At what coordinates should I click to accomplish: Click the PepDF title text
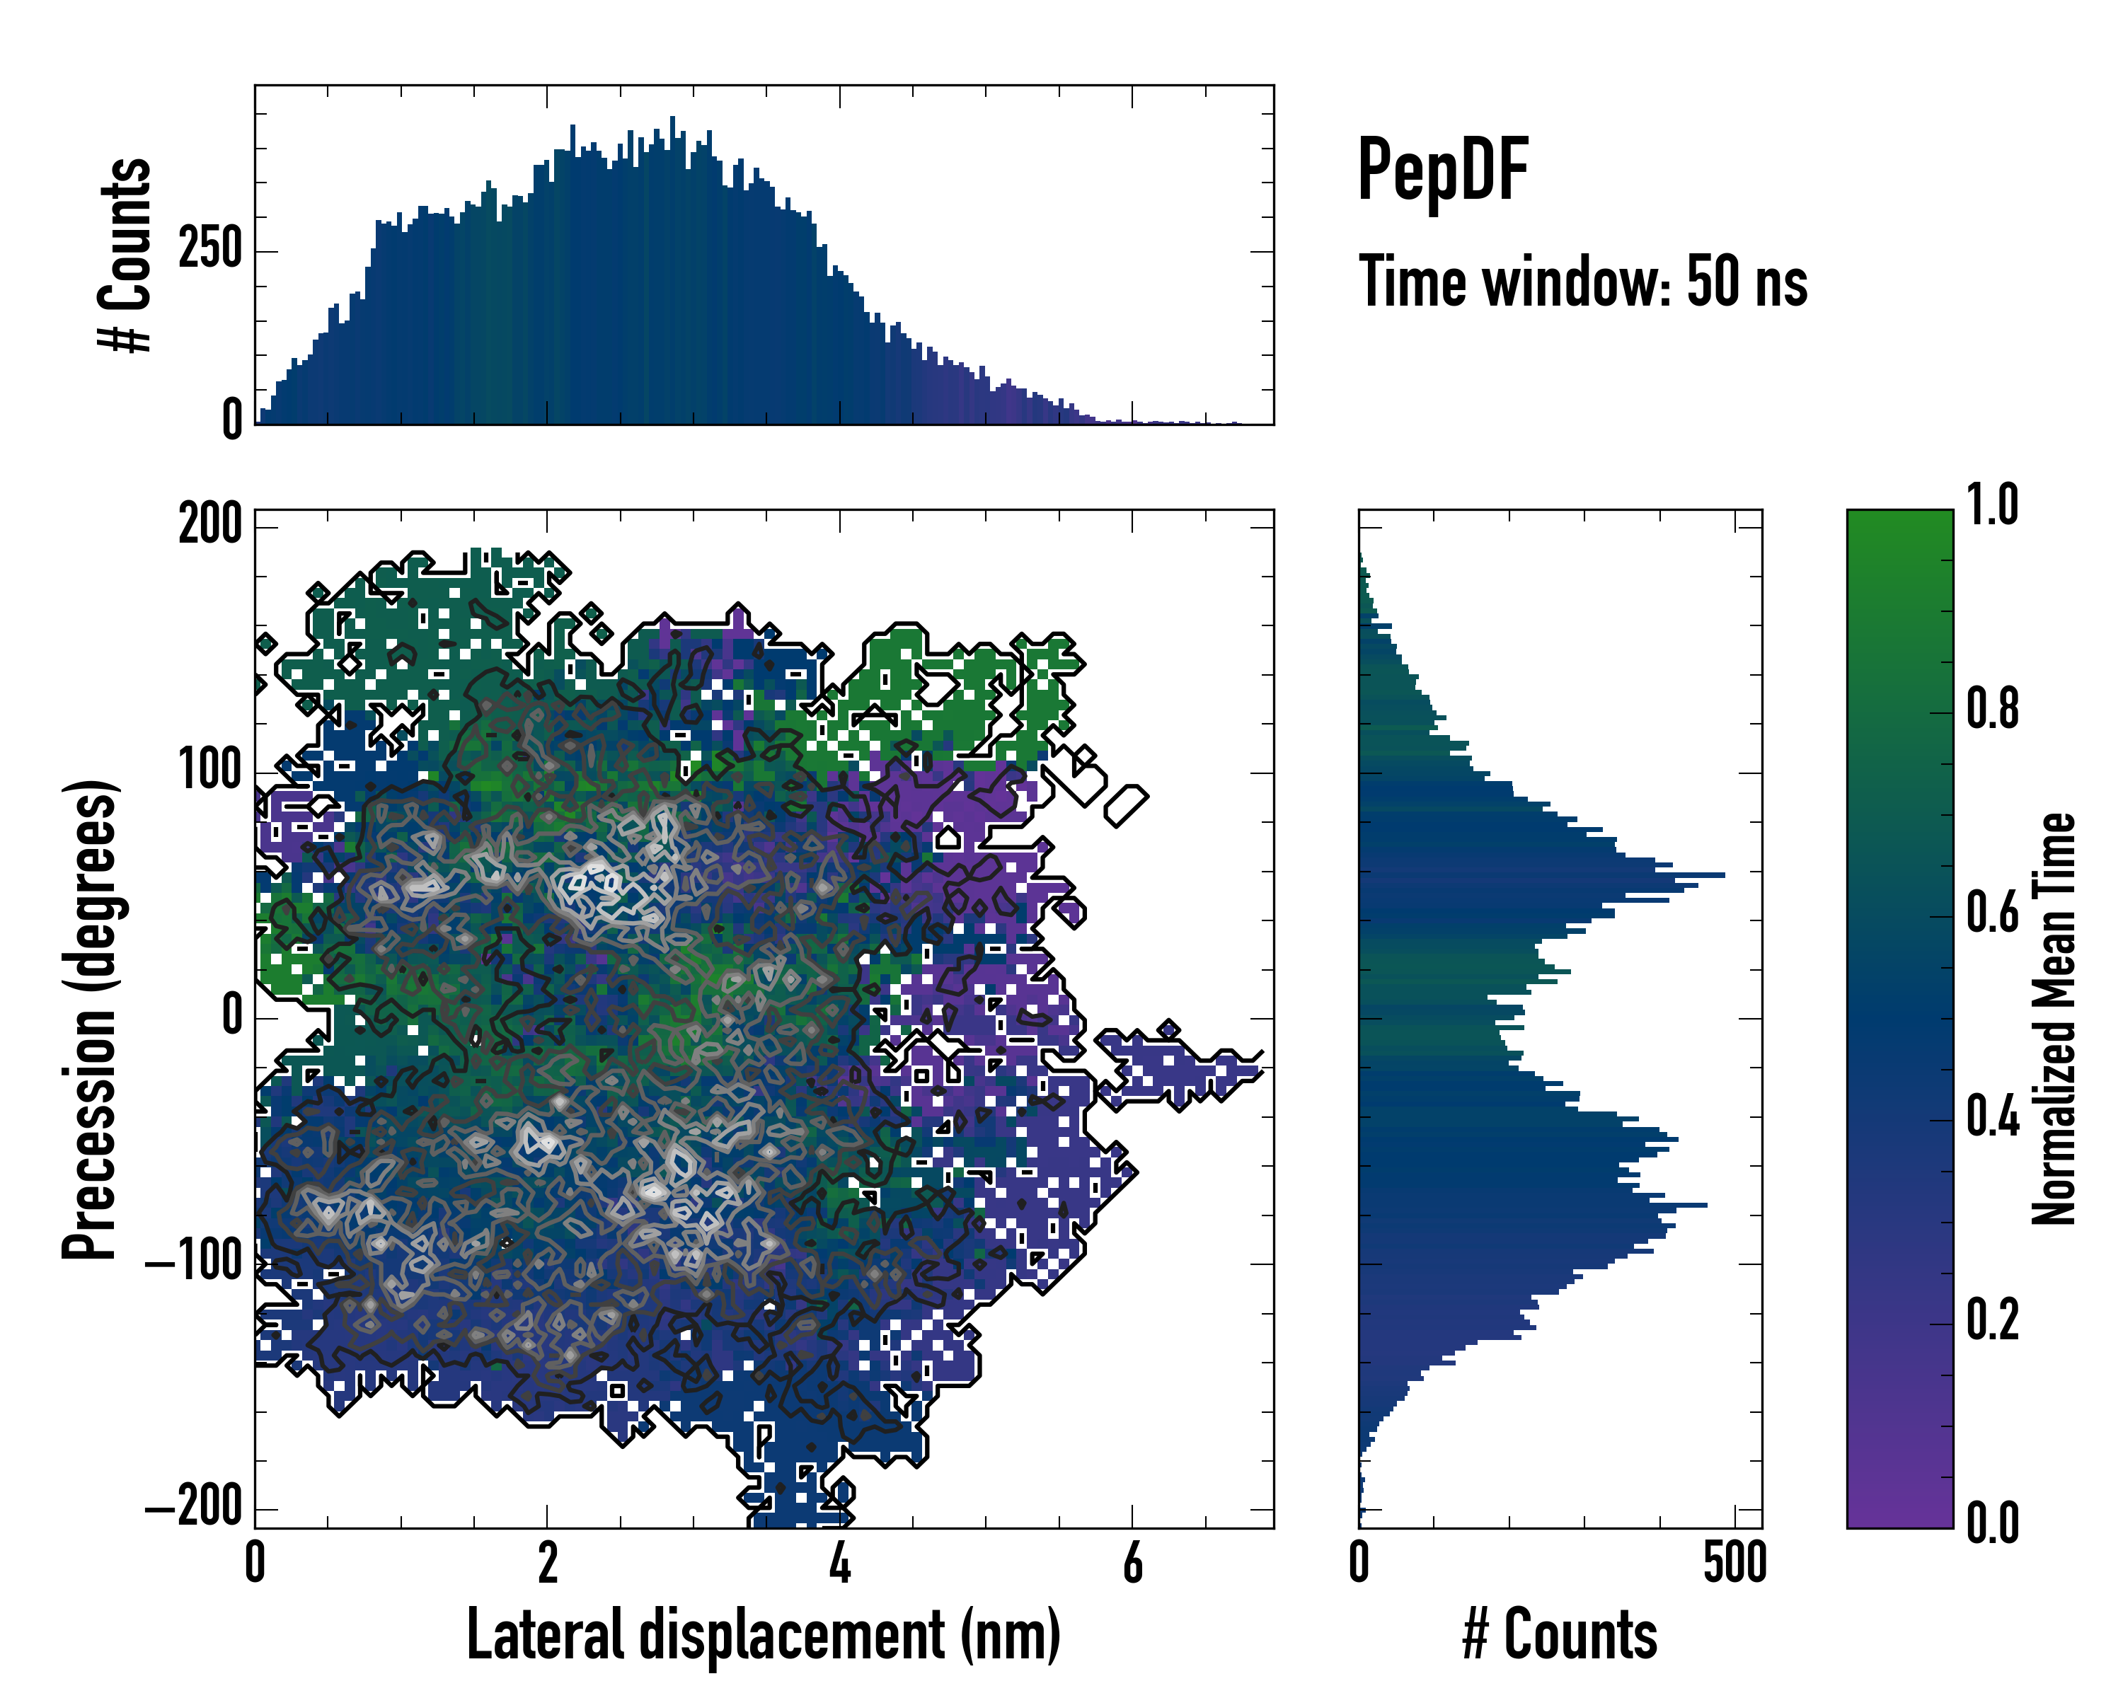[x=1442, y=171]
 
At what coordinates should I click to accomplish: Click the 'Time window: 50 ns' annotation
[x=1582, y=282]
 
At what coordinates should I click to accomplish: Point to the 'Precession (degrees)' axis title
[x=91, y=1019]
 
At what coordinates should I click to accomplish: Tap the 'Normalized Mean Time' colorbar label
[x=2054, y=1019]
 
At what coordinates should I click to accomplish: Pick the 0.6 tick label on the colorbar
[x=1992, y=913]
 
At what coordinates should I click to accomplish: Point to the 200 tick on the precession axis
[x=209, y=525]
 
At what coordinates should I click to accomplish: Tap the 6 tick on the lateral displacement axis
[x=1132, y=1564]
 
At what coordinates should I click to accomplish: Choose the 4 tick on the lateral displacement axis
[x=840, y=1564]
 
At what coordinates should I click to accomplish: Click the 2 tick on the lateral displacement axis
[x=548, y=1564]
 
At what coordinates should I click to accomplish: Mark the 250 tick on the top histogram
[x=209, y=250]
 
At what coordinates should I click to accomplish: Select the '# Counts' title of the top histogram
[x=126, y=254]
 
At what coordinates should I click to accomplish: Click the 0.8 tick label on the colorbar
[x=1992, y=709]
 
